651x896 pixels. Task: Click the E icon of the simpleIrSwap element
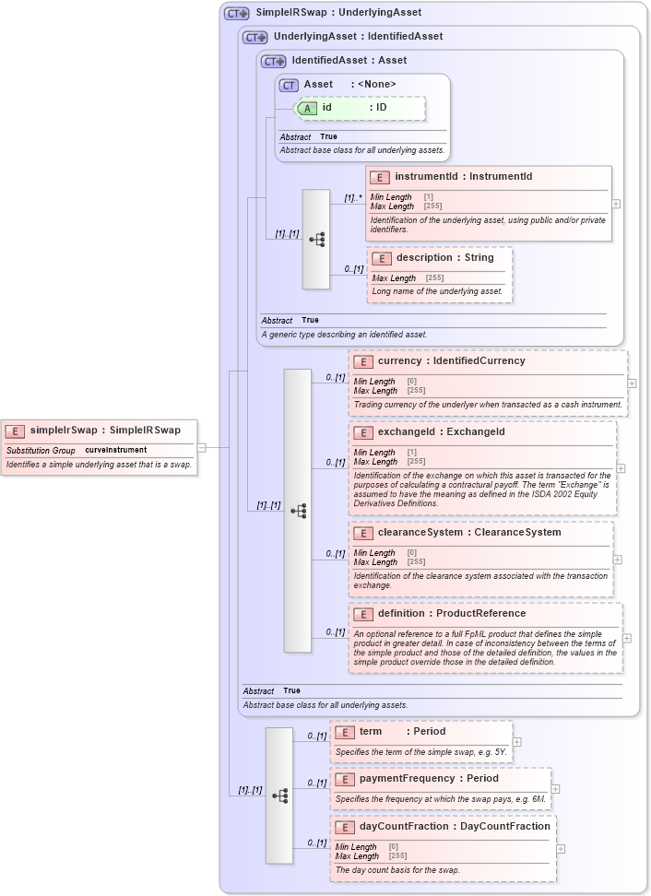16,430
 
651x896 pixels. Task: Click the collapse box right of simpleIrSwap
201,447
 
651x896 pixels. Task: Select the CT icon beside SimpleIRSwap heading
237,13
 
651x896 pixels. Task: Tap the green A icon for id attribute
307,108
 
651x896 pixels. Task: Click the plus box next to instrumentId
616,204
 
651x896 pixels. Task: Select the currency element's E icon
362,361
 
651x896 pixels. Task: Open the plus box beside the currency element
632,382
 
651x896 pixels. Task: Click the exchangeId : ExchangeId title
441,431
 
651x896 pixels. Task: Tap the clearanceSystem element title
468,532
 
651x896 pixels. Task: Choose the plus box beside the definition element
627,638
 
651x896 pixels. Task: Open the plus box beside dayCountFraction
561,849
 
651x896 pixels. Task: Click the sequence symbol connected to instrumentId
316,240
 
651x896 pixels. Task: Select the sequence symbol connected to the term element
279,795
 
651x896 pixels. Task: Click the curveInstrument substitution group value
115,450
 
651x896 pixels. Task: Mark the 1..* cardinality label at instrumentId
353,197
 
